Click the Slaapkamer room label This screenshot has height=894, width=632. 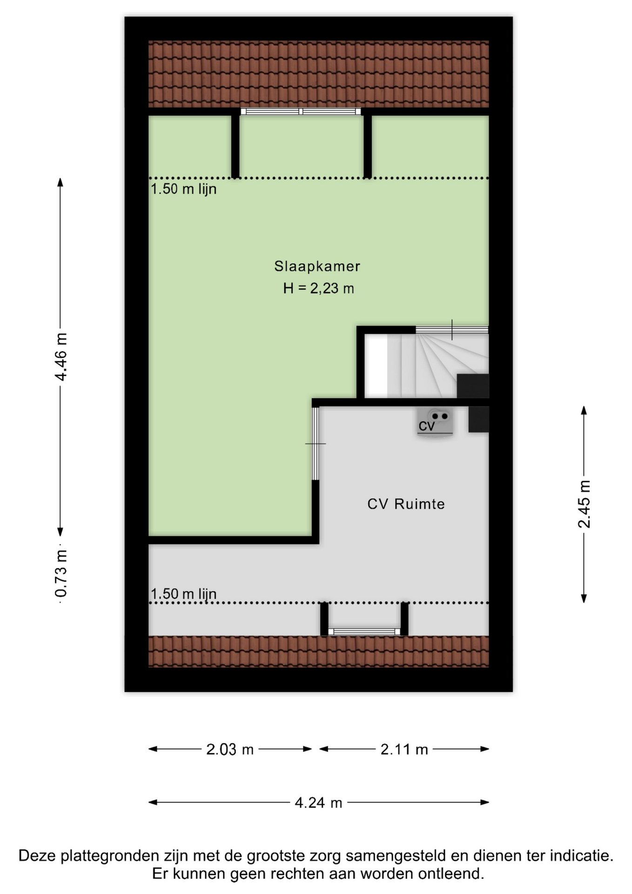point(317,266)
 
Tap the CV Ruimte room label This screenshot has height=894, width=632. point(406,504)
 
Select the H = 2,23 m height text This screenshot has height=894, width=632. point(318,289)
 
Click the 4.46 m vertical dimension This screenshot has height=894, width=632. point(61,357)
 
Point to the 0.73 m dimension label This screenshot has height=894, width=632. point(61,573)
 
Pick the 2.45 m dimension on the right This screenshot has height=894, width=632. point(584,504)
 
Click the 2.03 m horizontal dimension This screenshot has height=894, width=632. point(230,749)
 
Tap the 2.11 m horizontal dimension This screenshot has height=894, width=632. point(404,749)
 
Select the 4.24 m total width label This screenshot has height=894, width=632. point(318,802)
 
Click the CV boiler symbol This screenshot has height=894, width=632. point(435,422)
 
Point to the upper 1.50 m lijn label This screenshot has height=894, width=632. point(183,189)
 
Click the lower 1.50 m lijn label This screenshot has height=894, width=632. point(183,594)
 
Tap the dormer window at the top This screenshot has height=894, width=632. point(301,111)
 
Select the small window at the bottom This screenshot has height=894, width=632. point(364,632)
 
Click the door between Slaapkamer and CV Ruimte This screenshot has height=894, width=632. point(316,444)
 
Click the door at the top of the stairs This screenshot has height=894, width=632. point(452,330)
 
